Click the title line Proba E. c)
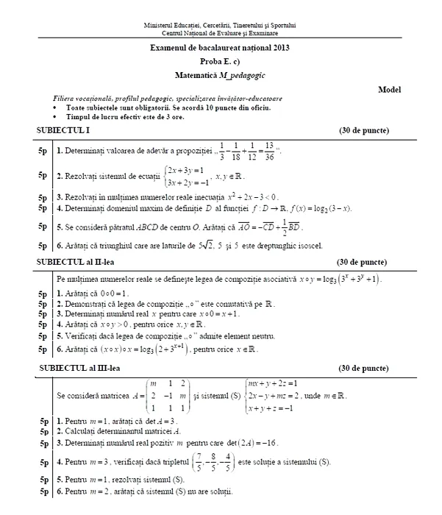click(x=221, y=61)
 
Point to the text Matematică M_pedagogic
click(x=221, y=74)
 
